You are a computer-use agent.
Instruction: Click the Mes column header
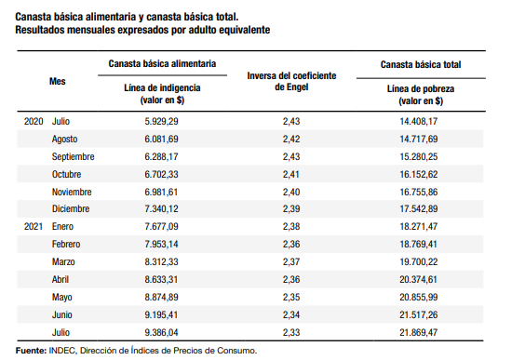tap(58, 81)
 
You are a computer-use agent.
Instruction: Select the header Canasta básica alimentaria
tap(162, 63)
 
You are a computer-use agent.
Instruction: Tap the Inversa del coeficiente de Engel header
tap(291, 81)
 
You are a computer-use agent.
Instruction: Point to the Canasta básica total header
tap(421, 64)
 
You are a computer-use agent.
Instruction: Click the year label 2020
tap(34, 121)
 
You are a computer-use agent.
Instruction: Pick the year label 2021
tap(34, 226)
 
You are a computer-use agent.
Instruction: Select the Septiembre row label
tap(73, 156)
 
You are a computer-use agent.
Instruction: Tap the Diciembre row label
tap(71, 208)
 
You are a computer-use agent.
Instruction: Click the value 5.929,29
tap(161, 121)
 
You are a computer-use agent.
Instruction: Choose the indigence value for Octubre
tap(161, 174)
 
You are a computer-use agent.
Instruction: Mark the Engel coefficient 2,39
tap(291, 208)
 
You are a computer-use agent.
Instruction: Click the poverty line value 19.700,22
tap(419, 261)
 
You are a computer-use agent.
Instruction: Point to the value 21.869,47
tap(419, 333)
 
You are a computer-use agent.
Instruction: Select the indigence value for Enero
tap(161, 226)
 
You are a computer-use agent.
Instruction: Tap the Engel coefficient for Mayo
tap(291, 297)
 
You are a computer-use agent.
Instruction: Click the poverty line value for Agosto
tap(419, 139)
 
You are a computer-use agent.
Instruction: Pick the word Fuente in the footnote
tap(31, 351)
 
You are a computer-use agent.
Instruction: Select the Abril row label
tap(61, 279)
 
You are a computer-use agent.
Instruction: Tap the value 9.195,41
tap(161, 314)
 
